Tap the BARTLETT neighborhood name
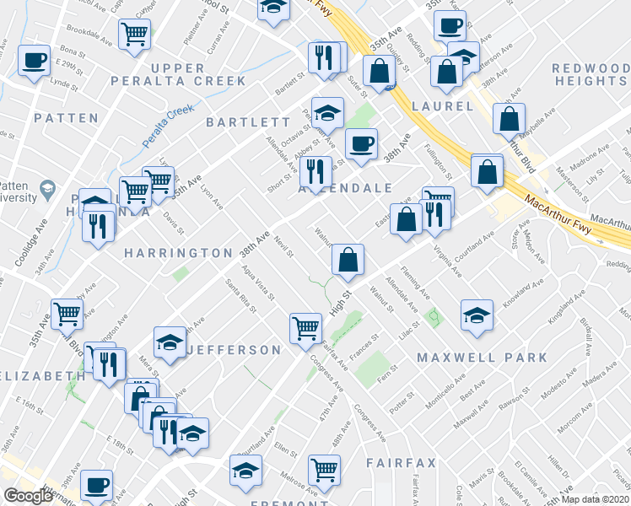[x=236, y=122]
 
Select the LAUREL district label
[x=443, y=106]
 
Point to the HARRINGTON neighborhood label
[x=178, y=253]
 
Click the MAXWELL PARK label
[x=483, y=358]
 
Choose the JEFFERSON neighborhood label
[x=234, y=349]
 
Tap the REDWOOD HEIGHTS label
[x=591, y=74]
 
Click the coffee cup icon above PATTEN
[x=35, y=61]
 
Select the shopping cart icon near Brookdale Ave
[x=135, y=35]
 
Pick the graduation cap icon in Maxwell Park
[x=477, y=315]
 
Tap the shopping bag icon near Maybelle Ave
[x=510, y=119]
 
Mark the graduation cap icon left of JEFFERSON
[x=170, y=342]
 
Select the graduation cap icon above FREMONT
[x=245, y=471]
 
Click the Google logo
[x=28, y=495]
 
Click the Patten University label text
[x=17, y=191]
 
